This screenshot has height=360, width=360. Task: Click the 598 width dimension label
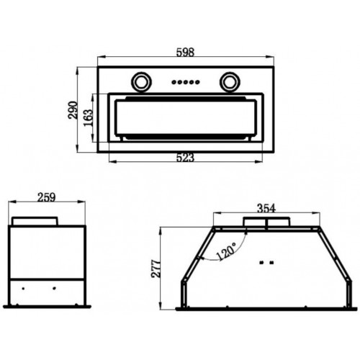[185, 52]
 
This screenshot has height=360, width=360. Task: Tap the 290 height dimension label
[73, 110]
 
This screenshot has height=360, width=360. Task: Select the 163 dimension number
[88, 117]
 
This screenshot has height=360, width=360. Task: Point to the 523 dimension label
[185, 158]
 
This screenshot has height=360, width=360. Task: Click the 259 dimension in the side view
[47, 197]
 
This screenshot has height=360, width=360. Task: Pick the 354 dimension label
[266, 208]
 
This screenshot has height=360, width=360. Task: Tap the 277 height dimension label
[156, 269]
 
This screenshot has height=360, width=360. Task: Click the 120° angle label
[226, 251]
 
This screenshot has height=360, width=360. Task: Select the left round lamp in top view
[141, 82]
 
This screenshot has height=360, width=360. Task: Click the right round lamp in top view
[230, 82]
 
